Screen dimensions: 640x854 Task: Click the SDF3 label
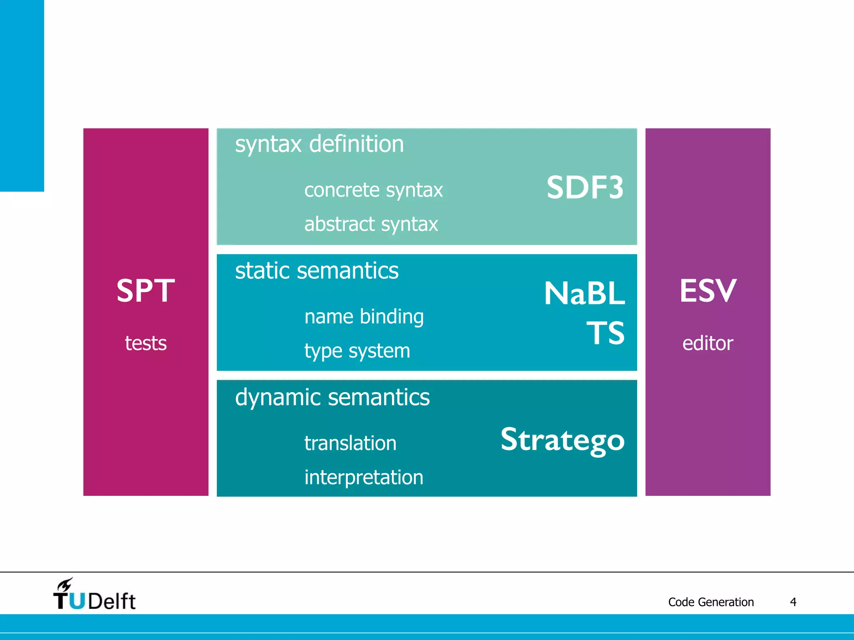(585, 187)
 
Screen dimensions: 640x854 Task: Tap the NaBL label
(584, 294)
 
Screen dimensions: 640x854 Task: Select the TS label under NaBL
(605, 333)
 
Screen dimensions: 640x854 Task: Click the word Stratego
(562, 440)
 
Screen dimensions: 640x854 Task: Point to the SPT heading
(146, 290)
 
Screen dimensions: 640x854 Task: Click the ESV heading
(708, 290)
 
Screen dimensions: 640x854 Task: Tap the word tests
(146, 343)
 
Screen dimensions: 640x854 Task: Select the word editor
(708, 343)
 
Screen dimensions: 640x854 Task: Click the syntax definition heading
(319, 144)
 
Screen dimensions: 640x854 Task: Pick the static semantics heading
(317, 271)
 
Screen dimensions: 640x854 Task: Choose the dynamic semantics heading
(332, 397)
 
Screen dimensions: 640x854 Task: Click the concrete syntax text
(373, 190)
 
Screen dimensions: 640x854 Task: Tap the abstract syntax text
(371, 224)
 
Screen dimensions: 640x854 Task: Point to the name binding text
(364, 317)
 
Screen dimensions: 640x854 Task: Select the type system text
(357, 351)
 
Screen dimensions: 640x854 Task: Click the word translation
(350, 443)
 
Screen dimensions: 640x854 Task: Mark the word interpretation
(364, 477)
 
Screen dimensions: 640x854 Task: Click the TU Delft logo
(94, 595)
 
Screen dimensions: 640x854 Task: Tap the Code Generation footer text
(711, 602)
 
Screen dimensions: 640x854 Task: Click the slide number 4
(793, 602)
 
